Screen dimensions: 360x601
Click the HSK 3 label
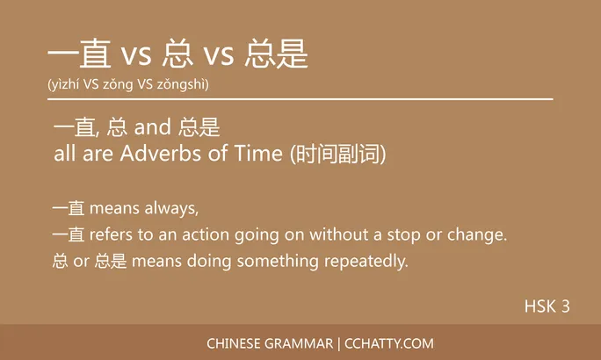[x=547, y=306]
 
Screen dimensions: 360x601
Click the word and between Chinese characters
[x=153, y=129]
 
